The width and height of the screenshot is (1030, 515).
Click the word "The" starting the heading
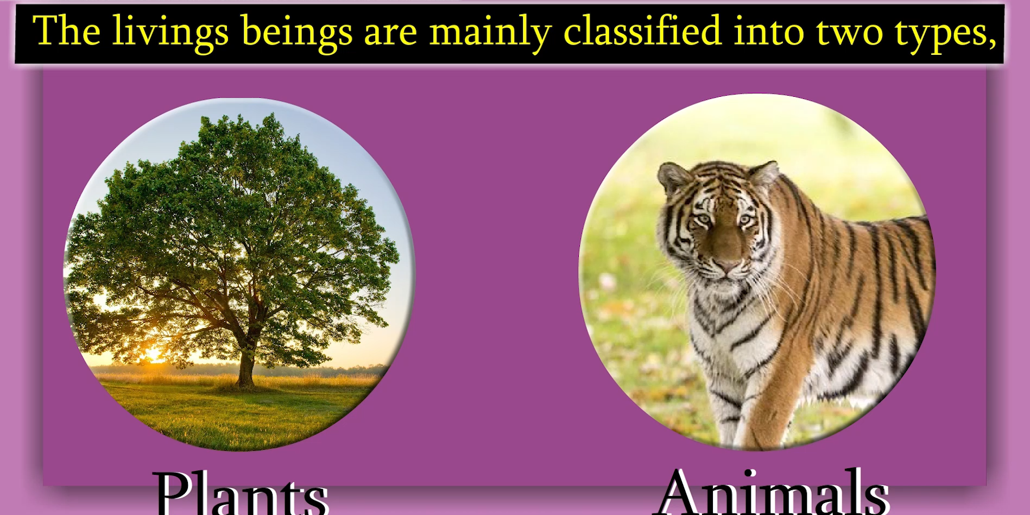[66, 31]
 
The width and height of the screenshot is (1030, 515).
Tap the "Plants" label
[241, 493]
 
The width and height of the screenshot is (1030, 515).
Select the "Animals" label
[773, 491]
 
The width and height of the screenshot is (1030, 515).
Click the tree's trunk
[246, 364]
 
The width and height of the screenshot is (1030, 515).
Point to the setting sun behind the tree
[153, 354]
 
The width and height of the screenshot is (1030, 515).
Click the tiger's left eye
[745, 220]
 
